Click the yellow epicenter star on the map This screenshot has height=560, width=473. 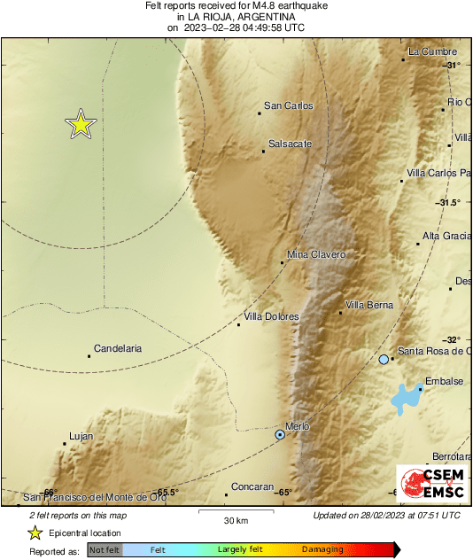[81, 125]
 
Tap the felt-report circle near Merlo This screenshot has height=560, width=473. [280, 434]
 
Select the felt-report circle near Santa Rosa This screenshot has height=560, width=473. [384, 359]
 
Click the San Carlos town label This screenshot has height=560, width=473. [289, 106]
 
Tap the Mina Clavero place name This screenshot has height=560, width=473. [316, 255]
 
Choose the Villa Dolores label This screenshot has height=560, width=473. [272, 316]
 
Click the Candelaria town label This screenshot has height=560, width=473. [118, 349]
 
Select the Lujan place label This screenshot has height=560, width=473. [81, 436]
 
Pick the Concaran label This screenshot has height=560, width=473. [252, 486]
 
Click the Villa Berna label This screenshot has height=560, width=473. [368, 306]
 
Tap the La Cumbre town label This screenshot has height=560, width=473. [432, 52]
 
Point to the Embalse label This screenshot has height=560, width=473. [445, 382]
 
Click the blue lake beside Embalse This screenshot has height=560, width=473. [407, 399]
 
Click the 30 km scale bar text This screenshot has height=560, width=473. [235, 519]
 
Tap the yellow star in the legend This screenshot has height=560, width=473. [35, 533]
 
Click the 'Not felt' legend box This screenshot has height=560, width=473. [105, 550]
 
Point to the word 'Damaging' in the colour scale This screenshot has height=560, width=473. [323, 550]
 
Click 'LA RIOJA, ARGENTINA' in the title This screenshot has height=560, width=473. [237, 17]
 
